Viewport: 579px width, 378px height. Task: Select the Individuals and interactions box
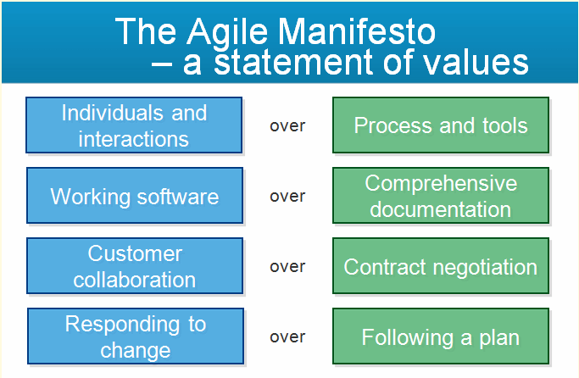[134, 125]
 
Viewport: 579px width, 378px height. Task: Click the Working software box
[134, 196]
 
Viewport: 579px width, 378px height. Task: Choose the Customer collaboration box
[134, 266]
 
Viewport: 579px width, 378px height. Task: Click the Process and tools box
[441, 125]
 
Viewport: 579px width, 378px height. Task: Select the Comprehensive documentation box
[441, 196]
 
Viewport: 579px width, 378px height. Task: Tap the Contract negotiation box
[441, 266]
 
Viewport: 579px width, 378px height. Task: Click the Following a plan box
[441, 336]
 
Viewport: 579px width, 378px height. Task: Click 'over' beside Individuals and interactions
[287, 126]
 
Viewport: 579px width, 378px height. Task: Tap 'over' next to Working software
[287, 197]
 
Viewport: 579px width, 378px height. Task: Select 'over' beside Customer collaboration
[287, 267]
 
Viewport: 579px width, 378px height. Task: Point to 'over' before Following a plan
[287, 337]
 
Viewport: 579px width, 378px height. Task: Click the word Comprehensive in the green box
[441, 184]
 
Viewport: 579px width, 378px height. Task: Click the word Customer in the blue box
[135, 254]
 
